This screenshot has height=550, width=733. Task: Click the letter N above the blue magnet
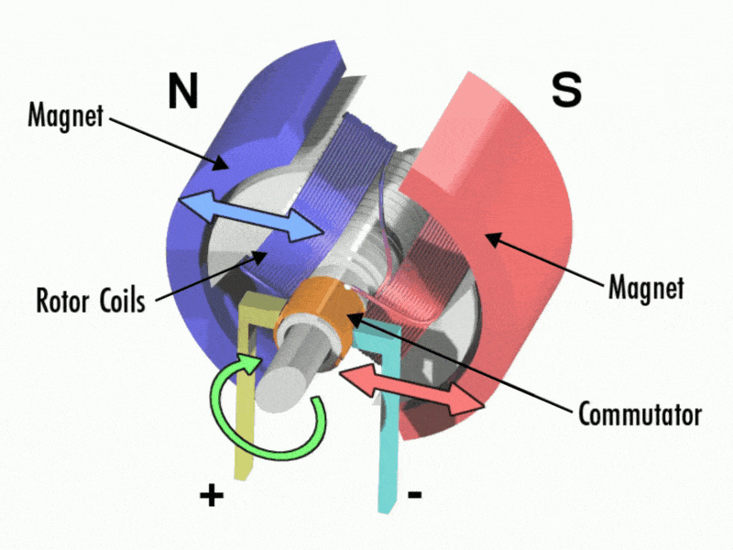[183, 91]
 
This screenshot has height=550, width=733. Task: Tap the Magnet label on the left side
[66, 116]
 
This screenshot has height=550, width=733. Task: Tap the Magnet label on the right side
[646, 288]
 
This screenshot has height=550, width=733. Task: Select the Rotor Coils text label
[90, 300]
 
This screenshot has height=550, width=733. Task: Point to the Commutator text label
[640, 413]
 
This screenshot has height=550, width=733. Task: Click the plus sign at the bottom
[211, 496]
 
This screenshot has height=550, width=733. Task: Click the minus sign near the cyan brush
[414, 495]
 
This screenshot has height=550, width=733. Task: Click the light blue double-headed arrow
[248, 216]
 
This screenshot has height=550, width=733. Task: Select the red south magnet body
[513, 183]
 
